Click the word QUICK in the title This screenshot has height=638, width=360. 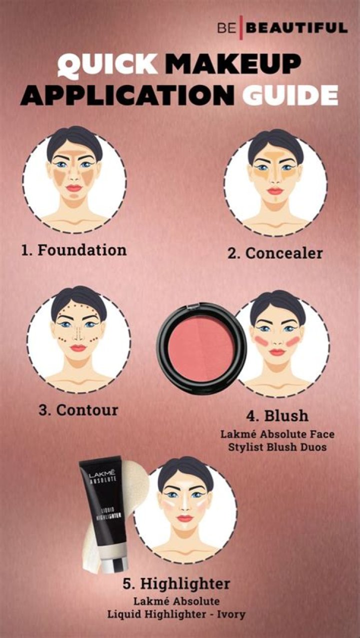tap(107, 65)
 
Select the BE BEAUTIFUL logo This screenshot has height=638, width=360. tap(282, 27)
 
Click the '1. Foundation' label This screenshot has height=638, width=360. tap(74, 249)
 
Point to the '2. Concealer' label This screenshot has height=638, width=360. tap(275, 253)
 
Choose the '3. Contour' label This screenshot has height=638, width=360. tap(78, 410)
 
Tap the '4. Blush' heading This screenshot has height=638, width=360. tap(277, 416)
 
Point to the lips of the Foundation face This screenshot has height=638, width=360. tap(73, 188)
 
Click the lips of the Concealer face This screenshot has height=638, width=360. tap(275, 191)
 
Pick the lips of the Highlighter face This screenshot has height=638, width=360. tap(184, 518)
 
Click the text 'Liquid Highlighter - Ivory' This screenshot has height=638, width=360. tap(176, 614)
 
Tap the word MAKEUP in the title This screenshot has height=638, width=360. tap(233, 65)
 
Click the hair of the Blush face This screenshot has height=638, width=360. tap(277, 302)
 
